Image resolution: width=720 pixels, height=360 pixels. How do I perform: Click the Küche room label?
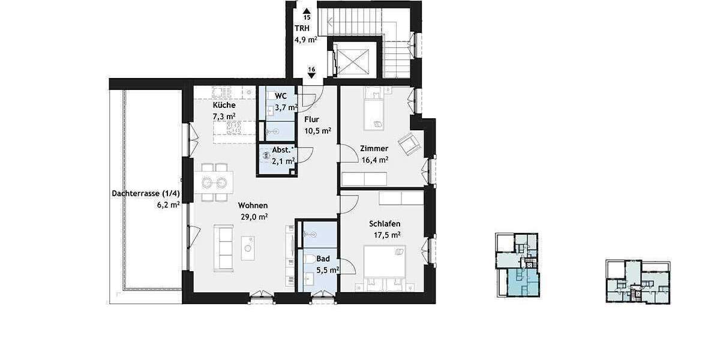coord(224,105)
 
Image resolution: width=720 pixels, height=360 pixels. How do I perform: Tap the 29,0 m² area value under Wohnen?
coord(254,217)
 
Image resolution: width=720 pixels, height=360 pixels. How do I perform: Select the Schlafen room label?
coord(385,224)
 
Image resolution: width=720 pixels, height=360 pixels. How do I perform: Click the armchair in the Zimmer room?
coord(410,142)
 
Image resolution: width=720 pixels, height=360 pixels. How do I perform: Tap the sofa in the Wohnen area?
coord(224,248)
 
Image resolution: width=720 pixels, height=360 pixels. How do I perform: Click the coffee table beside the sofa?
coord(248,248)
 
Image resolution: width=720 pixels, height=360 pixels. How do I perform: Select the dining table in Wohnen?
coord(214,182)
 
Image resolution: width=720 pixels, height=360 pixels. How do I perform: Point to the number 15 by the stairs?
coord(307,17)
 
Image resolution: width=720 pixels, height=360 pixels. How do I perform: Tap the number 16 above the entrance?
coord(311,70)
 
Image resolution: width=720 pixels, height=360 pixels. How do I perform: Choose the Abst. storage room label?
coord(283,151)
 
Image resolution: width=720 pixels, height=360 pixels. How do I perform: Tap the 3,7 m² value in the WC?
coord(286,108)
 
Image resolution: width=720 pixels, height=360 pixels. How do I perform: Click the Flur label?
coord(312,119)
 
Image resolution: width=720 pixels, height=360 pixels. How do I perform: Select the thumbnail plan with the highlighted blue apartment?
coord(517,265)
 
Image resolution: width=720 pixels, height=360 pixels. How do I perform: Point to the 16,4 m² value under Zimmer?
coord(374,160)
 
